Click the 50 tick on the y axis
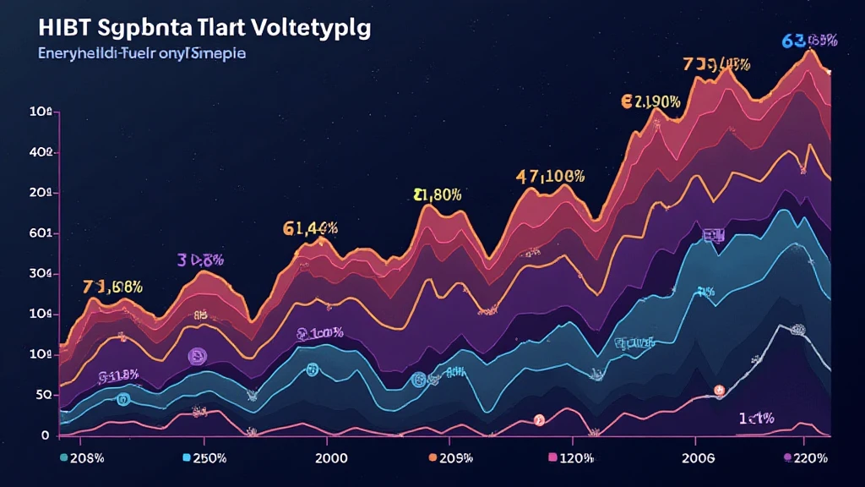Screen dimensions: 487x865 [42, 395]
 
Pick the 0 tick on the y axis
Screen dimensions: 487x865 [46, 435]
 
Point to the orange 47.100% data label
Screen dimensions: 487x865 [550, 178]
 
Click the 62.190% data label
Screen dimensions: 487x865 [650, 102]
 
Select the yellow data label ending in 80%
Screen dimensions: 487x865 [438, 194]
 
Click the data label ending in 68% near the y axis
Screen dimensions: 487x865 [113, 287]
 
